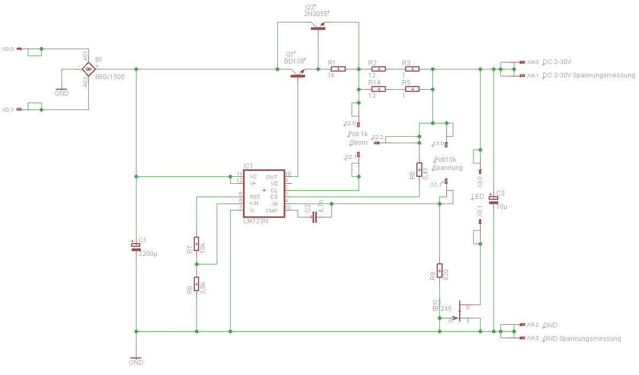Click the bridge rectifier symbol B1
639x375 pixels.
pos(88,69)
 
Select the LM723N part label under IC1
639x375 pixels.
pos(255,221)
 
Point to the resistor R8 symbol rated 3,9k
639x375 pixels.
pos(196,285)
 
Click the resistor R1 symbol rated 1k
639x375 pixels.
pos(339,69)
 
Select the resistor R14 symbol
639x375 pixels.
pos(378,89)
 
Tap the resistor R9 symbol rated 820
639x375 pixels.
pos(439,271)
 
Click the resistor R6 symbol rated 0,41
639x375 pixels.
pos(419,170)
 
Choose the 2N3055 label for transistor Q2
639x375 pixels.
pos(316,14)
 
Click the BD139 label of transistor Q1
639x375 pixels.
pos(295,61)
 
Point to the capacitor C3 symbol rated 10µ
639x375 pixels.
pos(493,199)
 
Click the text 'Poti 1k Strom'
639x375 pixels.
pos(358,138)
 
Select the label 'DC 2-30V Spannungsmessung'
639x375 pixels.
pos(589,75)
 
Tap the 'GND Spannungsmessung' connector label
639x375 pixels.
pos(582,339)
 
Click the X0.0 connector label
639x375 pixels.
pos(7,49)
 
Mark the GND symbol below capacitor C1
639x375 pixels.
pos(136,360)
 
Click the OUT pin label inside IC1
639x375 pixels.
pos(272,177)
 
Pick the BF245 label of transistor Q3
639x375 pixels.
pos(442,308)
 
